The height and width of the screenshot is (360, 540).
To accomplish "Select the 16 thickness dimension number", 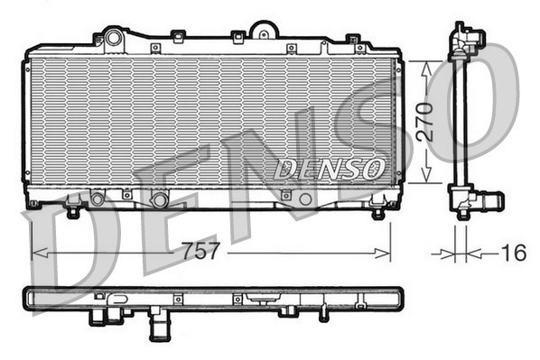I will click(x=513, y=254).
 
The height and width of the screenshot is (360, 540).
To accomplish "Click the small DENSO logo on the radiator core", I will click(x=330, y=168).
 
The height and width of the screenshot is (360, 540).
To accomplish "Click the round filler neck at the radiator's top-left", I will click(x=113, y=38).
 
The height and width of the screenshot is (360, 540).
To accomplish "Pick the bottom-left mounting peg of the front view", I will click(x=73, y=213).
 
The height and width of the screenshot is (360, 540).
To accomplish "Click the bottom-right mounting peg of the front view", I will click(x=378, y=213).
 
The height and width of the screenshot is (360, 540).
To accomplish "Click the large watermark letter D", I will click(x=72, y=244).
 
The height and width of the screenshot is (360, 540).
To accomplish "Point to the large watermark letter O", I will click(x=461, y=99).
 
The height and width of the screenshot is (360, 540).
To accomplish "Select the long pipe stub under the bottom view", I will click(x=159, y=322).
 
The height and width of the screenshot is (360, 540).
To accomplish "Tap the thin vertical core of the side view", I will click(x=461, y=122).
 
